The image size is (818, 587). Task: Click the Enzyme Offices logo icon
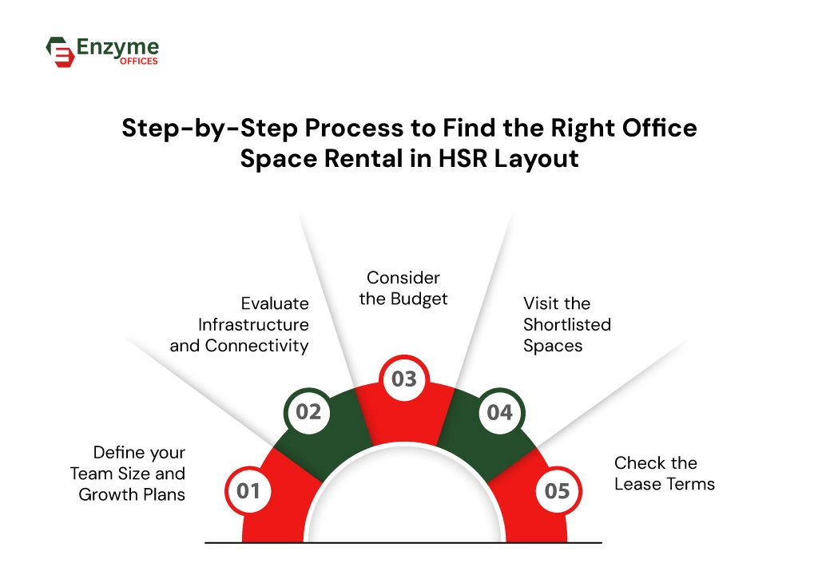coord(60,51)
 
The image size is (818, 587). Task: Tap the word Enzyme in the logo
coord(117,48)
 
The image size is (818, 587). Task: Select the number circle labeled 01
coord(248,490)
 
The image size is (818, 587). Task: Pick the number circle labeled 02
coord(308,412)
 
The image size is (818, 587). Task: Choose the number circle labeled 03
coord(404,379)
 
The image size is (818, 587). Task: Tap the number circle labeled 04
coord(500,412)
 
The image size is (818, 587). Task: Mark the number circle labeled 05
coord(558,490)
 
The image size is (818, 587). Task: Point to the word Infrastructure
coord(253,324)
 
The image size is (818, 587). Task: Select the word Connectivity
coord(256,346)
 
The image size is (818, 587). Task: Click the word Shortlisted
coord(567,324)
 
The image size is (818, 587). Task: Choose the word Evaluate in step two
coord(275,303)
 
